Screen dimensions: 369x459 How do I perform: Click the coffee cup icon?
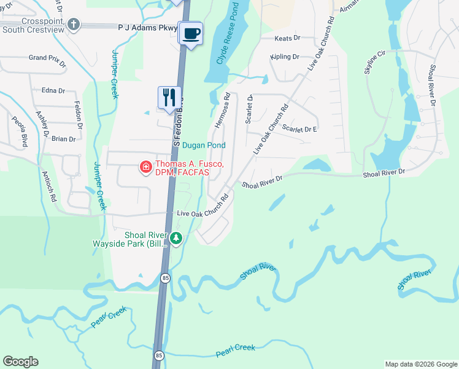(x=191, y=33)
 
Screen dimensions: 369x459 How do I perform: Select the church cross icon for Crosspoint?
(x=74, y=25)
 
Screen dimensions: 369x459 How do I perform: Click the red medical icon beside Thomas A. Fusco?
(x=146, y=167)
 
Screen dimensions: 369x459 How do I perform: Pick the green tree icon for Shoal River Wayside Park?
(x=177, y=238)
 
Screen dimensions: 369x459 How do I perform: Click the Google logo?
(x=20, y=362)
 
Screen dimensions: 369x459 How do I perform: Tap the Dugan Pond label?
(x=204, y=145)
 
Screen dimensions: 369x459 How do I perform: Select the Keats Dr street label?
(x=287, y=38)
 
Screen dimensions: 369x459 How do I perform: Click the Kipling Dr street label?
(x=285, y=57)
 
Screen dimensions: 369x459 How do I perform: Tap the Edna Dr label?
(x=53, y=90)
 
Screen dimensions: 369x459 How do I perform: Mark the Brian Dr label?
(x=64, y=139)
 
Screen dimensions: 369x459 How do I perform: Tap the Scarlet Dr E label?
(x=299, y=129)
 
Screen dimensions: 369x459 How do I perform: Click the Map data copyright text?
(x=420, y=364)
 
